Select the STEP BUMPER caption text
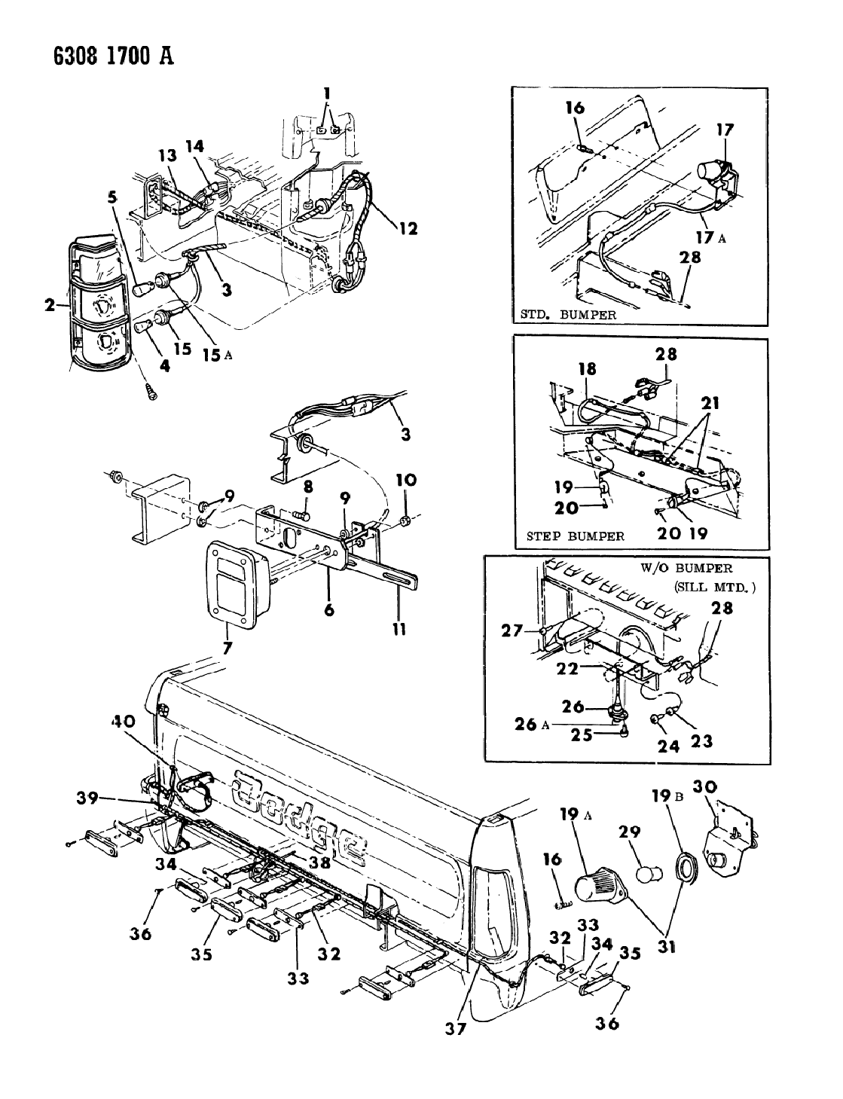click(x=576, y=536)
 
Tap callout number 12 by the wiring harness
click(x=408, y=230)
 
